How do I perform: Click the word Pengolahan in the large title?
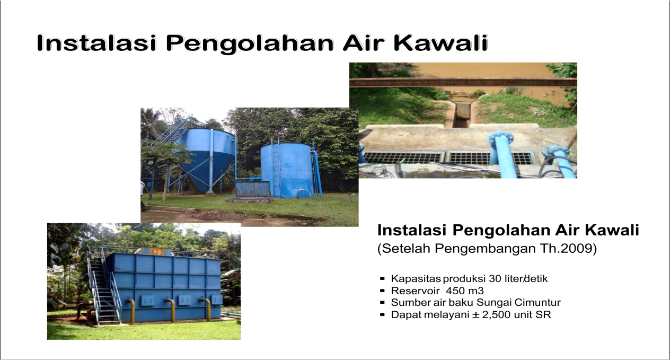(250, 43)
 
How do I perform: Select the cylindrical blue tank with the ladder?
(287, 170)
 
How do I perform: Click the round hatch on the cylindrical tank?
(303, 194)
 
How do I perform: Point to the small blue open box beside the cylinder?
(252, 190)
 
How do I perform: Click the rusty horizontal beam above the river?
(463, 82)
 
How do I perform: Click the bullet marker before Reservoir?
(382, 291)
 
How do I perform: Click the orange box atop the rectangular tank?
(156, 251)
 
